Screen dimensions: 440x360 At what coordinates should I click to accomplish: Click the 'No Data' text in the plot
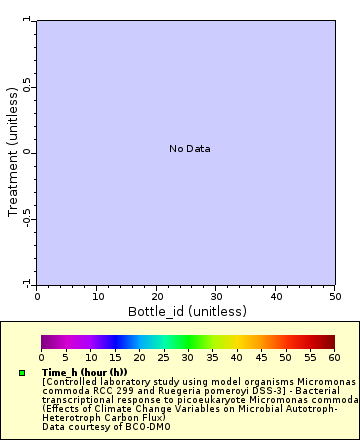click(x=189, y=149)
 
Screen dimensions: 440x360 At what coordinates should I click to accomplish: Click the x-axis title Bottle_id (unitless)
click(x=186, y=311)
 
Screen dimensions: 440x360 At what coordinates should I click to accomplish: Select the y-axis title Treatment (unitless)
click(x=13, y=151)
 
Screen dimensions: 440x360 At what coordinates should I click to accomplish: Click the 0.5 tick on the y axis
click(x=29, y=85)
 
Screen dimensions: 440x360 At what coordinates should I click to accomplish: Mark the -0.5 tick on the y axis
click(x=29, y=219)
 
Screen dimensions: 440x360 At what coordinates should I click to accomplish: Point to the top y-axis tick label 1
click(x=29, y=20)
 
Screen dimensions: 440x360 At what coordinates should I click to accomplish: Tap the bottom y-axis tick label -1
click(x=29, y=283)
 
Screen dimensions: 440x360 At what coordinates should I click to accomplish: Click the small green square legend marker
click(x=21, y=373)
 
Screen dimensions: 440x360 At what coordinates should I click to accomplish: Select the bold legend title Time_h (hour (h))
click(x=85, y=372)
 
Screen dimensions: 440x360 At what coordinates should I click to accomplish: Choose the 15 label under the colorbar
click(x=115, y=357)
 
